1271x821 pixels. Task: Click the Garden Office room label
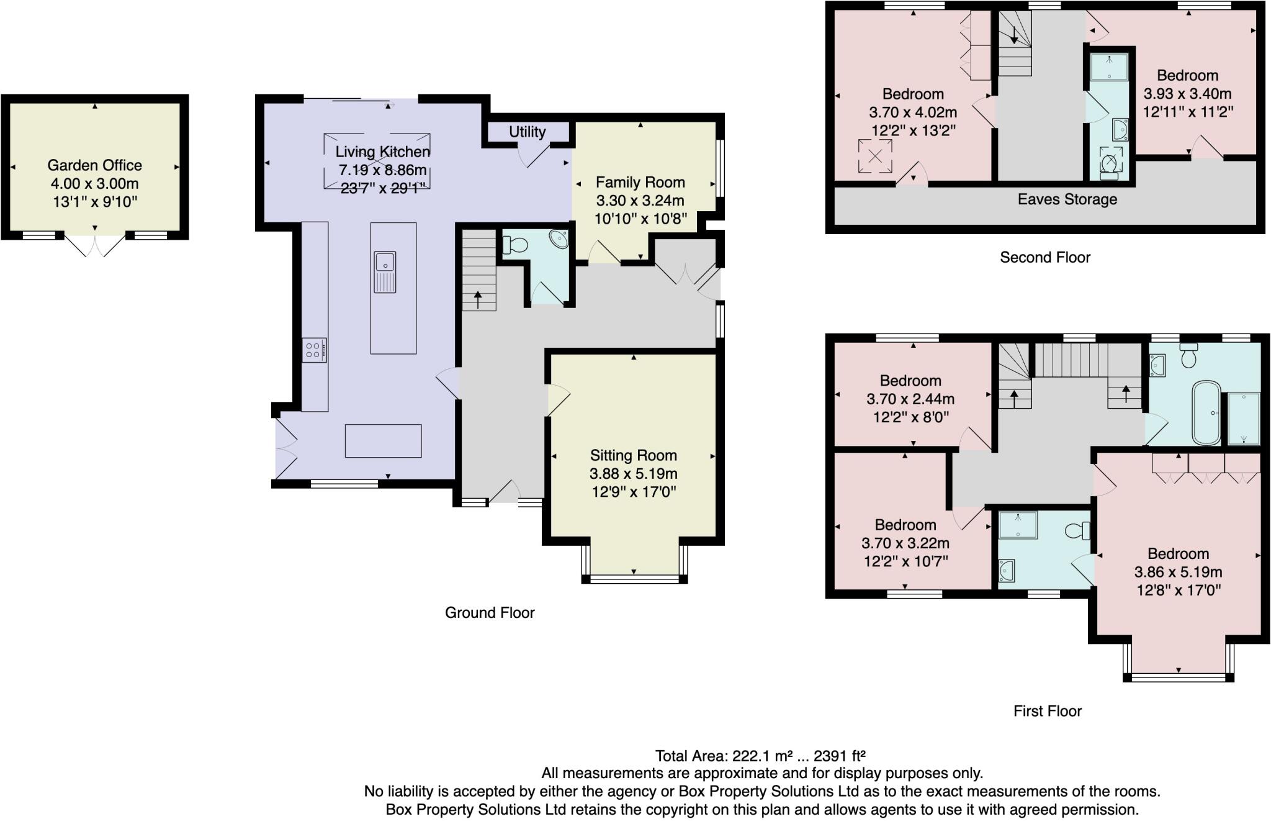click(x=94, y=165)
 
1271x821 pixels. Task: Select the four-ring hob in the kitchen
click(x=314, y=350)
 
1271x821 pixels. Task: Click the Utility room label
click(x=527, y=132)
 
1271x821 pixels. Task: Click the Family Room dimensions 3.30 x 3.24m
click(x=640, y=201)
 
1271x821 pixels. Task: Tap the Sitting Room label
click(x=633, y=455)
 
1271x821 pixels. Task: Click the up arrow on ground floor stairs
click(x=478, y=300)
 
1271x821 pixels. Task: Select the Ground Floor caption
click(x=489, y=612)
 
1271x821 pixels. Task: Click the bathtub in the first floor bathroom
click(x=1206, y=412)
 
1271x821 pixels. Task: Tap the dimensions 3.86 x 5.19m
click(x=1178, y=572)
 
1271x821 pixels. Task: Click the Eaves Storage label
click(x=1067, y=199)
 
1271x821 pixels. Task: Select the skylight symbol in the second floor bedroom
click(x=875, y=156)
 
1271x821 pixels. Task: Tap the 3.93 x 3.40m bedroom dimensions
click(x=1187, y=94)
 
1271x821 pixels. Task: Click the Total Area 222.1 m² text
click(x=760, y=756)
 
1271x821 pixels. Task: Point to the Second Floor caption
click(x=1044, y=257)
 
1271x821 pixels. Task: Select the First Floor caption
click(x=1047, y=711)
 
